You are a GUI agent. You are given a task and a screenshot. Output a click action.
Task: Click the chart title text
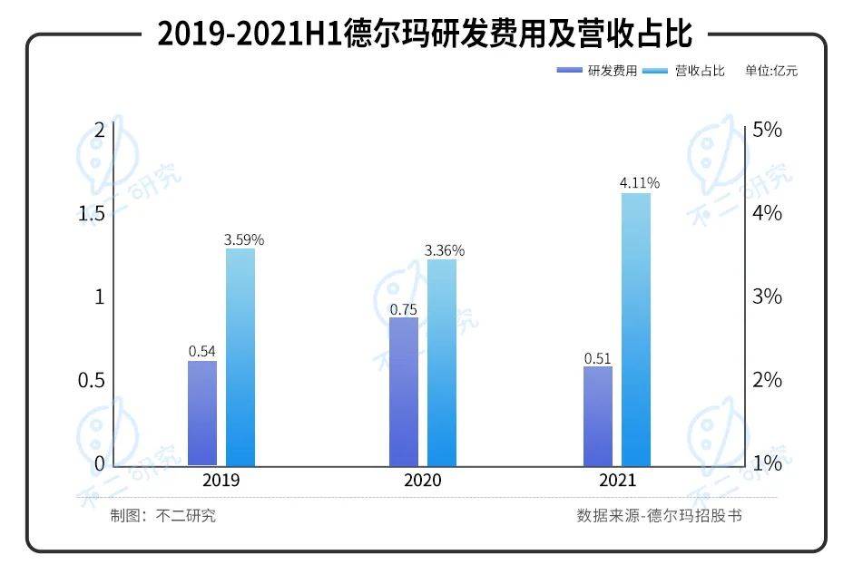pyautogui.click(x=425, y=34)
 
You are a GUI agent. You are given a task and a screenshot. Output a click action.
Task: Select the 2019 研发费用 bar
pyautogui.click(x=202, y=413)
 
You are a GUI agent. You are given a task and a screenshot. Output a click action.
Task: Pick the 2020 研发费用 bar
pyautogui.click(x=404, y=391)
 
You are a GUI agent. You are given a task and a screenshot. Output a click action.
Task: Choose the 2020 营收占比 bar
pyautogui.click(x=442, y=362)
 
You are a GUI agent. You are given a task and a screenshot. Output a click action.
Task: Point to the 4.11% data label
pyautogui.click(x=639, y=183)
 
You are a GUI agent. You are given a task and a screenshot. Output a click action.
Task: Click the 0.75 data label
pyautogui.click(x=403, y=309)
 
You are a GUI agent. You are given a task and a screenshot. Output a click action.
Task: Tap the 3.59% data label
pyautogui.click(x=244, y=239)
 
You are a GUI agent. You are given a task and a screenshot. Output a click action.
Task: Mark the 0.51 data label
pyautogui.click(x=597, y=357)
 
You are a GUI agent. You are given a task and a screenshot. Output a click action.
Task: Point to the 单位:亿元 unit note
pyautogui.click(x=771, y=71)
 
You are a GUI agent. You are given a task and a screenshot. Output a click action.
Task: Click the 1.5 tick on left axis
pyautogui.click(x=91, y=213)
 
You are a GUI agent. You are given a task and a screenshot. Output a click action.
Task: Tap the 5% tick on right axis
pyautogui.click(x=767, y=130)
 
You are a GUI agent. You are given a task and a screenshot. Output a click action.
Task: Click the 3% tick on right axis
pyautogui.click(x=767, y=297)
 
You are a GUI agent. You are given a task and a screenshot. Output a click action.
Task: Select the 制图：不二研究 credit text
pyautogui.click(x=163, y=516)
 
